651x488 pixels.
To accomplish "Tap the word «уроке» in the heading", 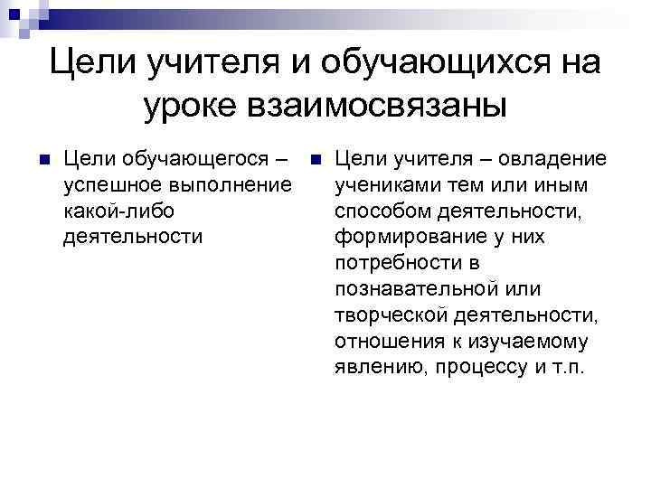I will (191, 105).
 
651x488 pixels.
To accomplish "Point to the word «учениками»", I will (383, 185).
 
